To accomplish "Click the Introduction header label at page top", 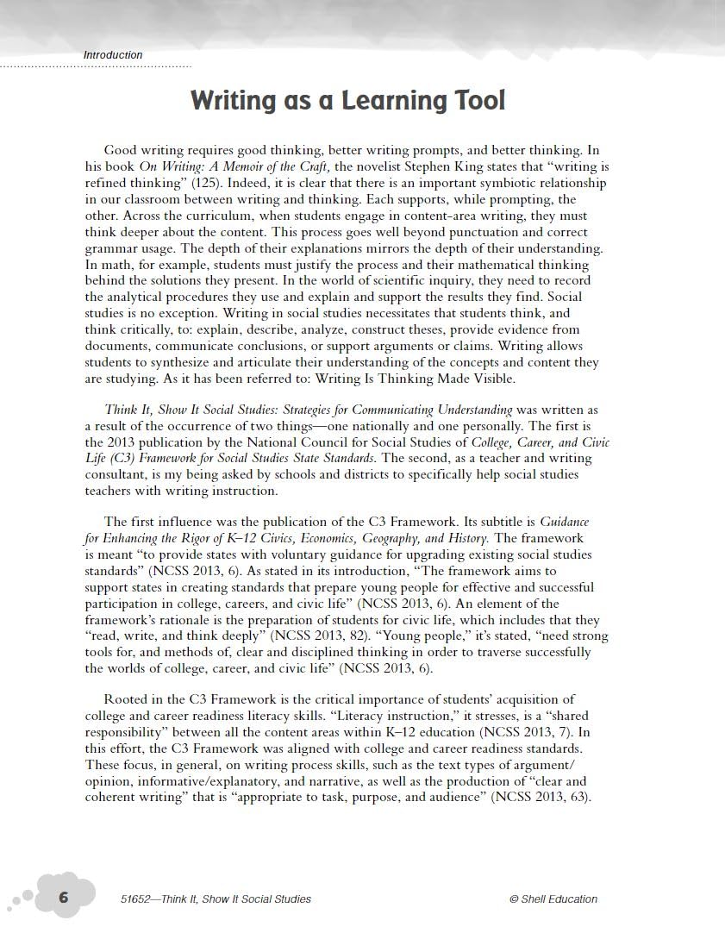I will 113,55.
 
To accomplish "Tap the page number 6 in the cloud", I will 64,898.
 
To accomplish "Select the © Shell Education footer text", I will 553,899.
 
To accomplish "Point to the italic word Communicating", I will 391,410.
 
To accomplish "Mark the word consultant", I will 114,475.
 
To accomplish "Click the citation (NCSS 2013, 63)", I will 541,797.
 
